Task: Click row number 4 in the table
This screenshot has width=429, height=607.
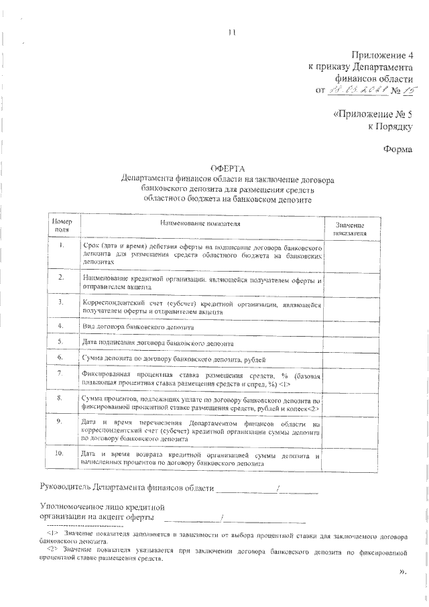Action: [x=61, y=325]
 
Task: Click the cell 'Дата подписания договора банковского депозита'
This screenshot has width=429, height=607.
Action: [x=158, y=342]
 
